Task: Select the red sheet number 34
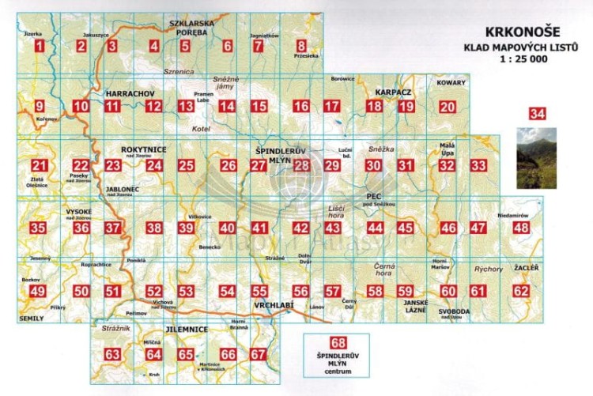click(x=537, y=115)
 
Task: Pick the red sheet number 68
click(x=338, y=343)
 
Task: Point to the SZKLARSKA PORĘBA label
click(x=192, y=28)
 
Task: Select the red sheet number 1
click(x=39, y=46)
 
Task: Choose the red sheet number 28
click(x=301, y=165)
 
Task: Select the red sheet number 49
click(x=37, y=291)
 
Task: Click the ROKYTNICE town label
click(x=144, y=149)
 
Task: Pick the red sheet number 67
click(x=258, y=354)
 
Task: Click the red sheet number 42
click(x=301, y=228)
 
